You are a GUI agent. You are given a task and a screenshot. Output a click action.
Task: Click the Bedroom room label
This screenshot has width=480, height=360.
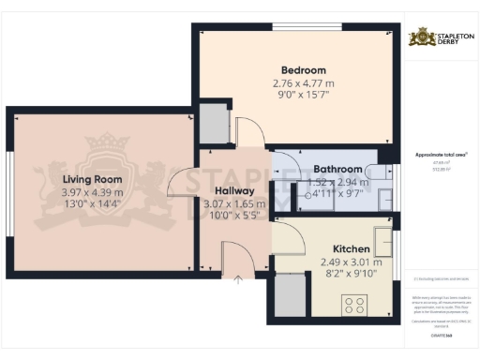tap(304, 70)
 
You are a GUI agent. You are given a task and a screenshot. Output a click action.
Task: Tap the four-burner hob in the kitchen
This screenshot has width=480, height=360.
tap(356, 305)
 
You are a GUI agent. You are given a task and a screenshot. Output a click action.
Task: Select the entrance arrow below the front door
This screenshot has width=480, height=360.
tap(238, 277)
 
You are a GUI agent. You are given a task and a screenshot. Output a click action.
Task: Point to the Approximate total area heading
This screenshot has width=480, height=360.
tap(441, 154)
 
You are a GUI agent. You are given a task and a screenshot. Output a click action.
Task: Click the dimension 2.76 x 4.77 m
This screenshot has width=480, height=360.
tap(304, 83)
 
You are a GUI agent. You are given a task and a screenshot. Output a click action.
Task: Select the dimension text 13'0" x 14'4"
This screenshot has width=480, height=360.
tap(93, 203)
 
